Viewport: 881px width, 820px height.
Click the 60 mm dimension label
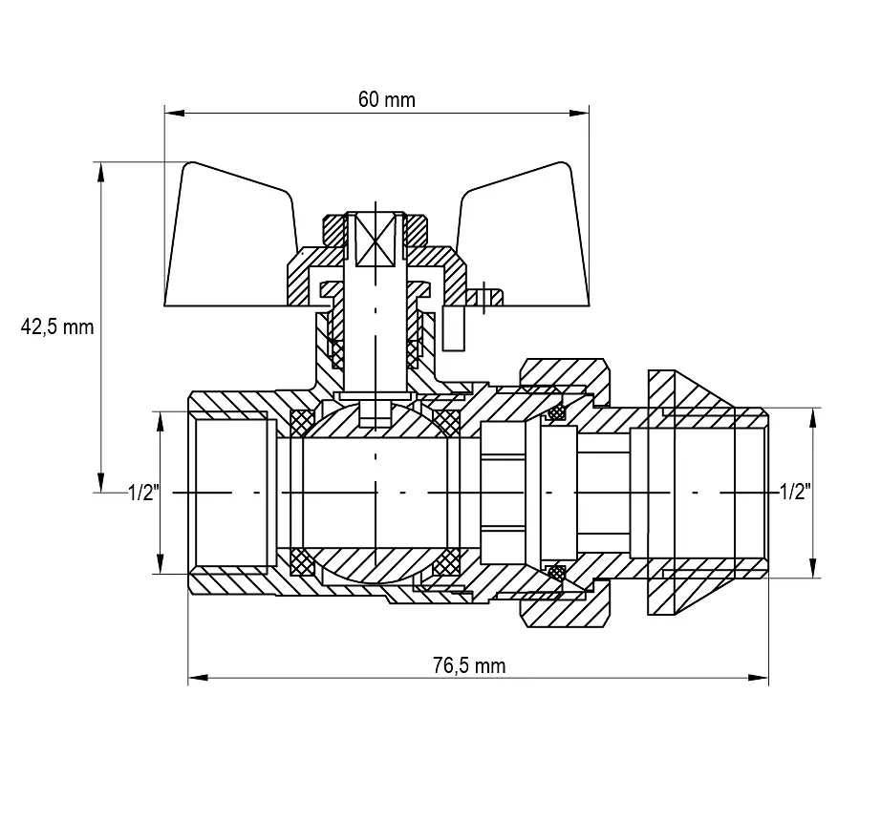pyautogui.click(x=387, y=99)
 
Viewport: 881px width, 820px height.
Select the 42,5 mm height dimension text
pyautogui.click(x=56, y=326)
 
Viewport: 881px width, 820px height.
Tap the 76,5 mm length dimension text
pyautogui.click(x=469, y=665)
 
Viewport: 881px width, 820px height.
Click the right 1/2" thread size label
pyautogui.click(x=795, y=493)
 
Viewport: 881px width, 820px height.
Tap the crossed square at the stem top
pyautogui.click(x=376, y=240)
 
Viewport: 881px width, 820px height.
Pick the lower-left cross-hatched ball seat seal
pyautogui.click(x=302, y=562)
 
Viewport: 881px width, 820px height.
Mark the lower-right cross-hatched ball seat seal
pyautogui.click(x=447, y=562)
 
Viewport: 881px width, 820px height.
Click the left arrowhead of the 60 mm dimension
pyautogui.click(x=174, y=113)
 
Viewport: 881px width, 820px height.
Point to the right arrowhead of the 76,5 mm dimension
pyautogui.click(x=758, y=678)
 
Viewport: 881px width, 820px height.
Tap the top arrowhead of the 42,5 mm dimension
pyautogui.click(x=101, y=172)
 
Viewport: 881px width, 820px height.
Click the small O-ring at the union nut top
pyautogui.click(x=557, y=413)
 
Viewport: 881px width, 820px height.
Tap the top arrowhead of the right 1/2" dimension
pyautogui.click(x=812, y=418)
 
